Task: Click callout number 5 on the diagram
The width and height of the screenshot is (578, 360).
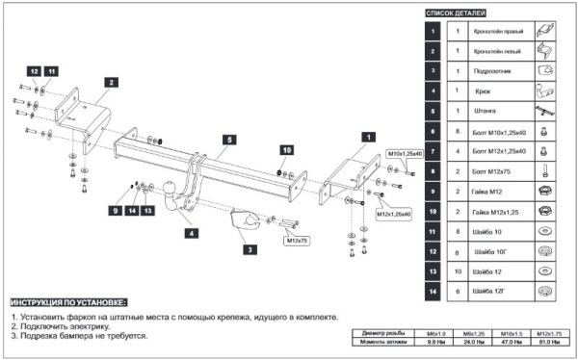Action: click(x=230, y=140)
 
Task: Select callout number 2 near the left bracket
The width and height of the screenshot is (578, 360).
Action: click(x=111, y=83)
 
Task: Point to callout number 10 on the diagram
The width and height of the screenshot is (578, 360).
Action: click(x=286, y=150)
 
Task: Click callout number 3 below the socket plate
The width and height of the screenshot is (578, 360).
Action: click(x=250, y=249)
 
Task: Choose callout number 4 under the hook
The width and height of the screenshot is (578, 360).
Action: click(x=191, y=233)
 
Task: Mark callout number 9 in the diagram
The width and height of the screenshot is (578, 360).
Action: click(x=113, y=210)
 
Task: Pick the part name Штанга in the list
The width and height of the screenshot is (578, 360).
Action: click(x=484, y=111)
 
